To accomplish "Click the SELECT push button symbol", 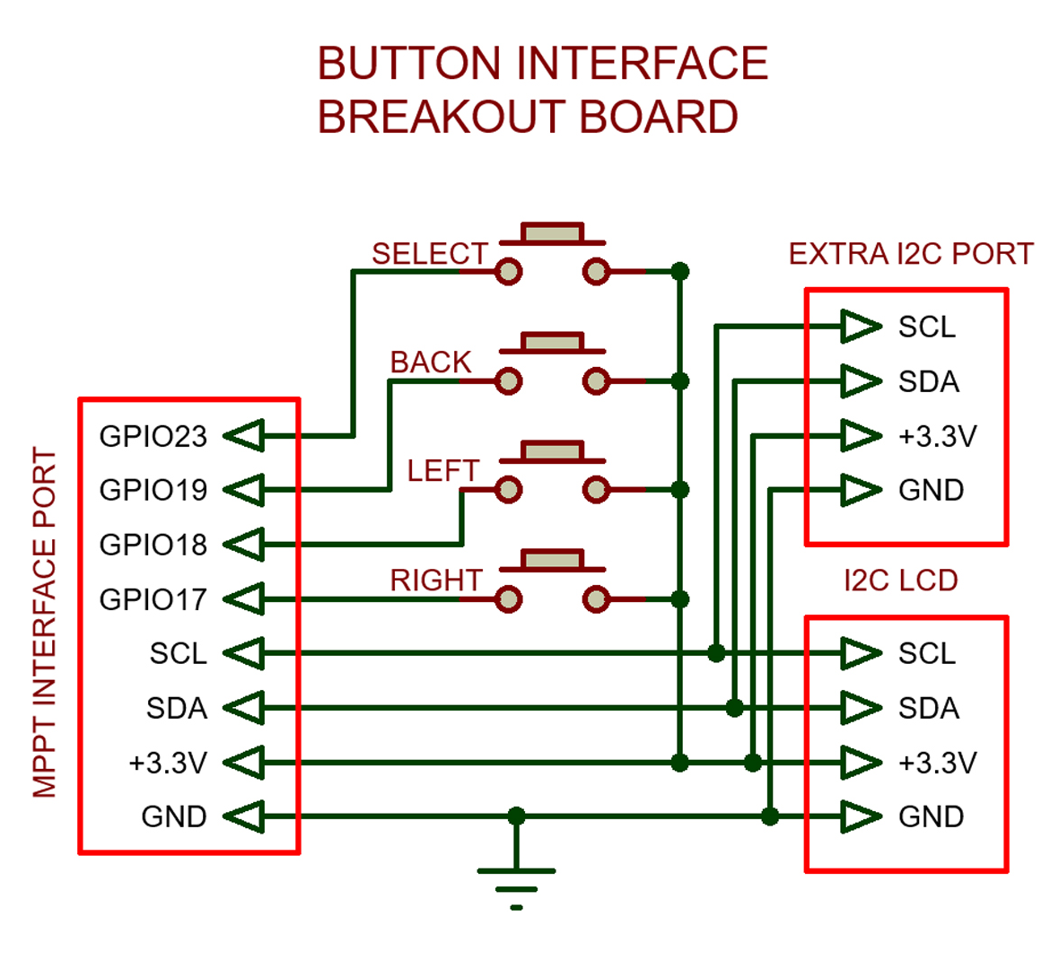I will point(552,256).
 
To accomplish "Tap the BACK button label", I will point(430,362).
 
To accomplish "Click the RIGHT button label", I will point(435,581).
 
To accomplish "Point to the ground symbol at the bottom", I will point(516,884).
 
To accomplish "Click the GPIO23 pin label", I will point(153,436).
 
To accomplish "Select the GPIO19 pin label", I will point(153,490).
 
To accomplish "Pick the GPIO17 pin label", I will point(153,599).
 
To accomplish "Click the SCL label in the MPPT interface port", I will point(178,653).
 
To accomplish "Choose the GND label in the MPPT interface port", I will point(173,816).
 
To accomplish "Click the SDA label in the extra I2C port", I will point(928,382).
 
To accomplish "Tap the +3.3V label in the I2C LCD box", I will point(937,763).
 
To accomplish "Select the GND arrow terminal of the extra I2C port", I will point(861,490).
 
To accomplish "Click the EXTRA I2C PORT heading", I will point(910,254).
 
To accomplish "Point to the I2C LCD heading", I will point(900,581).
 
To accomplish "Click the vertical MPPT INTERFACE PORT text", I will point(45,624).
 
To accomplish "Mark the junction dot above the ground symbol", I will point(516,816).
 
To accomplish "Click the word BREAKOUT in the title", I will point(442,118).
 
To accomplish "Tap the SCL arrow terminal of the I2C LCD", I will point(861,653).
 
